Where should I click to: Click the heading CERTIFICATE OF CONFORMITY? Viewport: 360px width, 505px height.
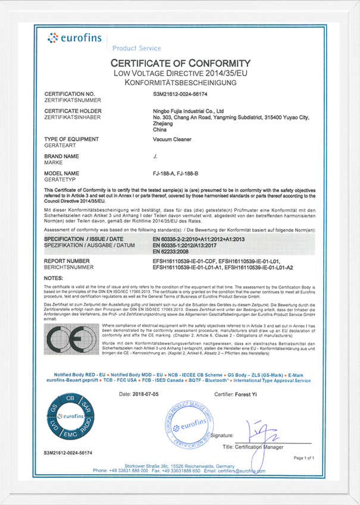pyautogui.click(x=180, y=64)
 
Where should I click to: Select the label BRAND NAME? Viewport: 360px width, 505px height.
pyautogui.click(x=62, y=156)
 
